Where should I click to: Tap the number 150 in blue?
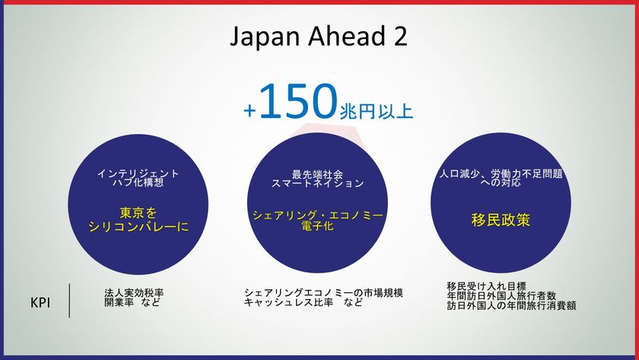[297, 103]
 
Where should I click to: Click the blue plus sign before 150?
[250, 111]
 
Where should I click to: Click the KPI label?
[40, 302]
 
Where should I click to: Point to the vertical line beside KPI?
[70, 300]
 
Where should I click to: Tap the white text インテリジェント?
[138, 174]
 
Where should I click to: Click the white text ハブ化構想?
[138, 183]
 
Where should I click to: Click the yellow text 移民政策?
[501, 221]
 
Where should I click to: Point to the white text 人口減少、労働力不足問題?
[501, 174]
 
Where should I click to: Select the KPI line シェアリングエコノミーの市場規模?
[323, 292]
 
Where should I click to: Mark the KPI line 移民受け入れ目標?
[486, 286]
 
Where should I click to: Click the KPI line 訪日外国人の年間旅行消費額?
[511, 306]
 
